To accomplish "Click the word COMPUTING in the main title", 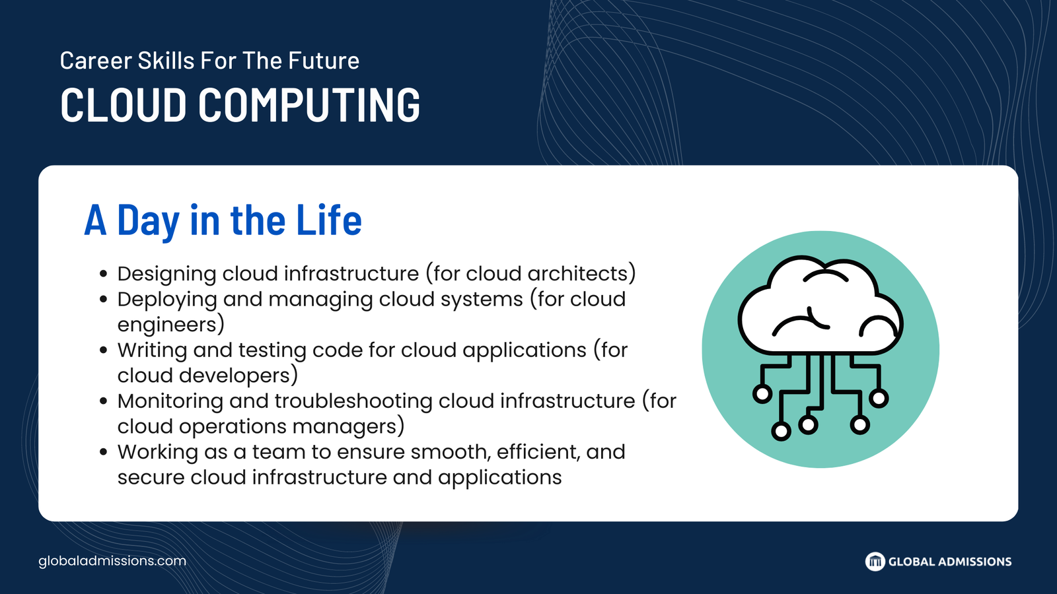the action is pos(309,105).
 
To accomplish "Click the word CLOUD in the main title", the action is pos(123,105).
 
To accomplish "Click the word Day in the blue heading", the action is pos(149,222).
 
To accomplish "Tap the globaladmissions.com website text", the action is pos(112,561).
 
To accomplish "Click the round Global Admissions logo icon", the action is pos(875,562).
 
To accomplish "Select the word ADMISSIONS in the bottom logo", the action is pos(974,562).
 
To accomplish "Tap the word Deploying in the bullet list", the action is pos(167,300).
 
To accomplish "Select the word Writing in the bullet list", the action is pos(152,350).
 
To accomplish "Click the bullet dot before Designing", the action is pos(104,274).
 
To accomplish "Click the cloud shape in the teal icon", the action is pos(820,306).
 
